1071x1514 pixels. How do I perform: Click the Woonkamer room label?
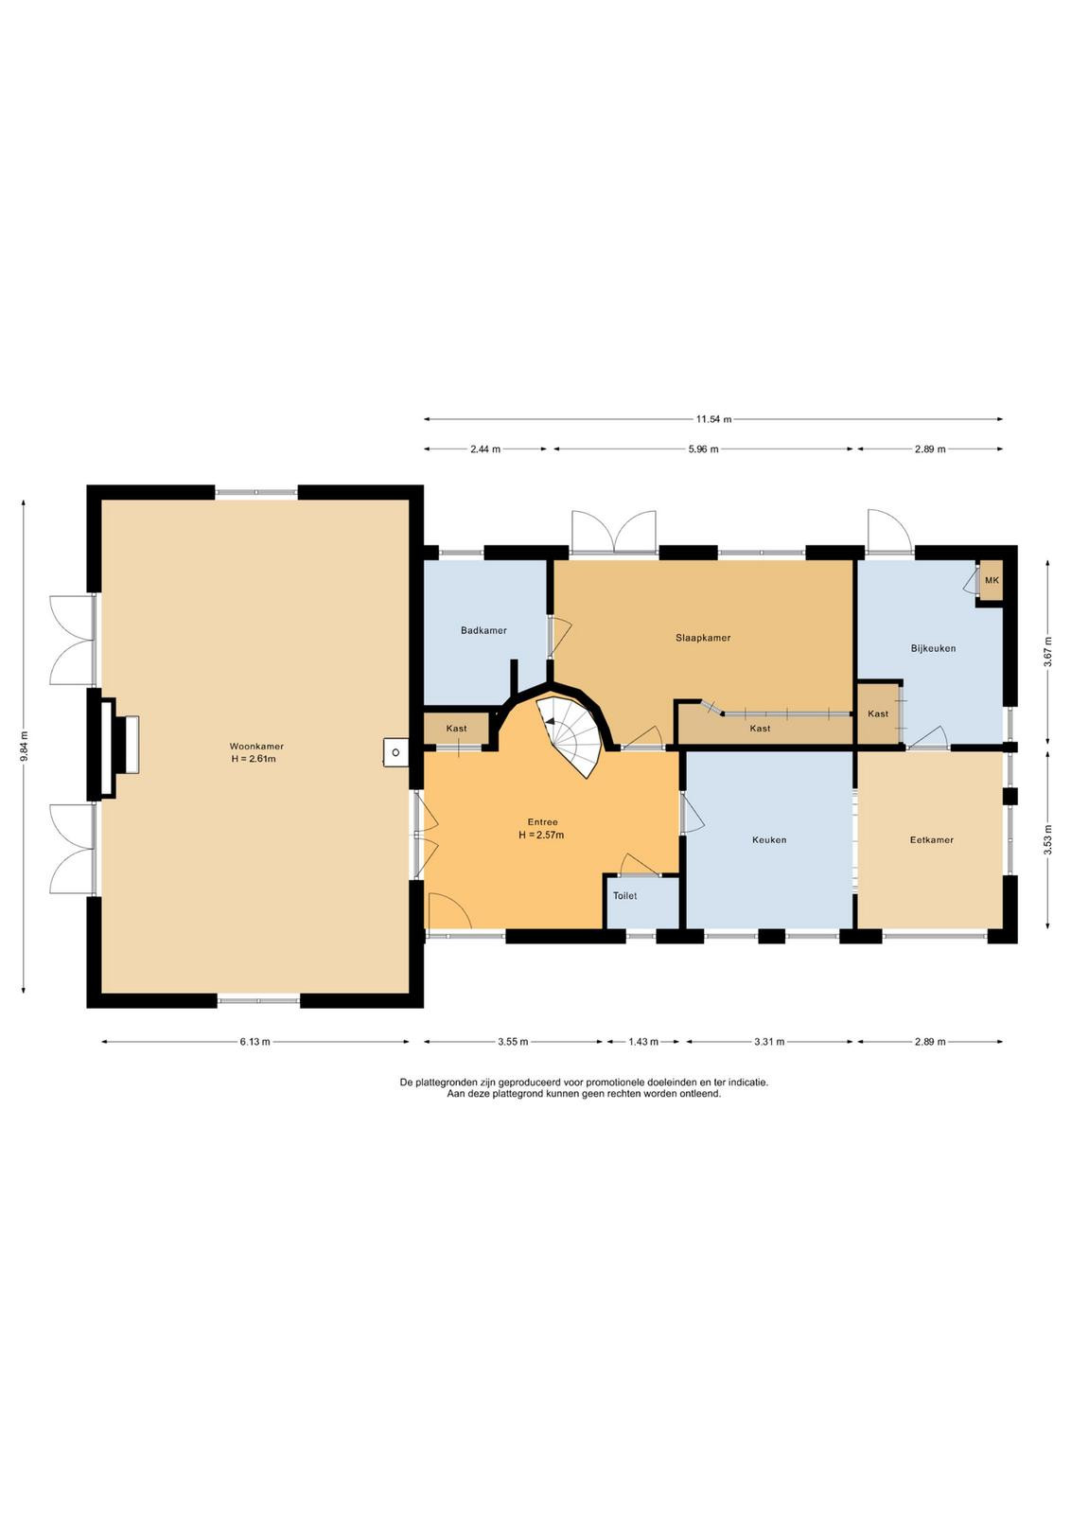tap(256, 747)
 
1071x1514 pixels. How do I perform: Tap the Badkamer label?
tap(483, 630)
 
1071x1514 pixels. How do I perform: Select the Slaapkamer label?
tap(703, 638)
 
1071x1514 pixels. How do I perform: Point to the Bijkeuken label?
tap(933, 648)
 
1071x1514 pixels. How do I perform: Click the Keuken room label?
tap(769, 839)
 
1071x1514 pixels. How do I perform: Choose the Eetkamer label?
tap(931, 839)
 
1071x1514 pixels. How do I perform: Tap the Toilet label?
tap(624, 895)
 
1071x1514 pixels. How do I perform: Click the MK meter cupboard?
tap(992, 581)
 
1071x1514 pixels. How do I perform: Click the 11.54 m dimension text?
tap(713, 419)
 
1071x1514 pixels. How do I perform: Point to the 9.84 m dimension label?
tap(24, 747)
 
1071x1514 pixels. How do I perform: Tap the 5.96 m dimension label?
tap(703, 449)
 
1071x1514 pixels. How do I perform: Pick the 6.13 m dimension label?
tap(255, 1042)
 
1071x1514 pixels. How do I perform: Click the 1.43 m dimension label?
tap(642, 1042)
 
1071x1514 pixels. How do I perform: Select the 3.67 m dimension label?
tap(1047, 652)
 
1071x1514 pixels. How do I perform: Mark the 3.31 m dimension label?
tap(769, 1042)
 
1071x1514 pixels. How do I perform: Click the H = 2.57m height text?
tap(541, 835)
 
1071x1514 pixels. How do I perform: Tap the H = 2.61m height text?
tap(254, 758)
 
